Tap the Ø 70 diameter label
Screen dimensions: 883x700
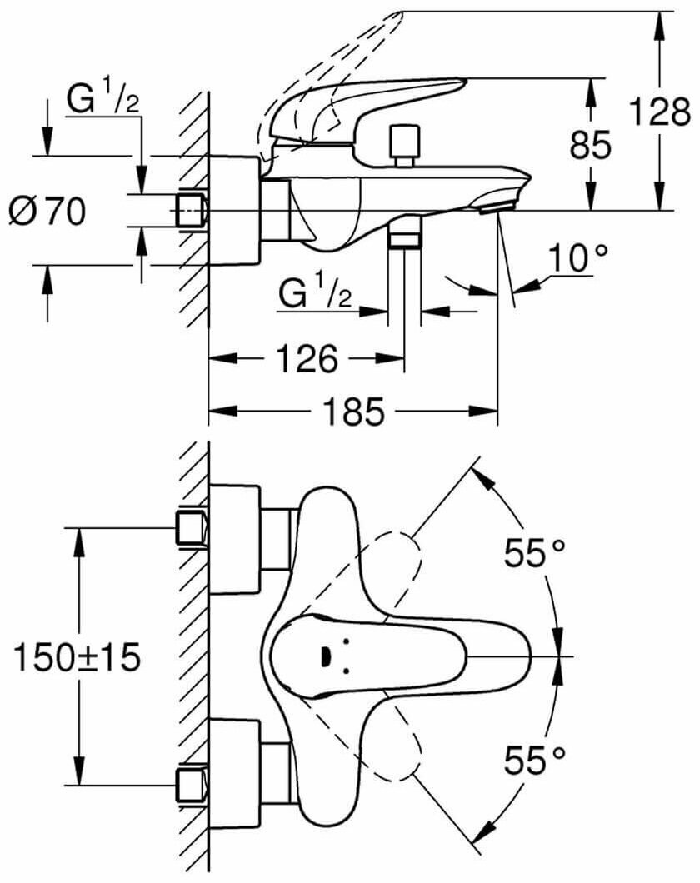(47, 213)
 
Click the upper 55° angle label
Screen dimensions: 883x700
(534, 551)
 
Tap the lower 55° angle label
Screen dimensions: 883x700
(534, 759)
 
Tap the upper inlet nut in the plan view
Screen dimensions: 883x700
(192, 529)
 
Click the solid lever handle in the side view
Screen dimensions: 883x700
(367, 104)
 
